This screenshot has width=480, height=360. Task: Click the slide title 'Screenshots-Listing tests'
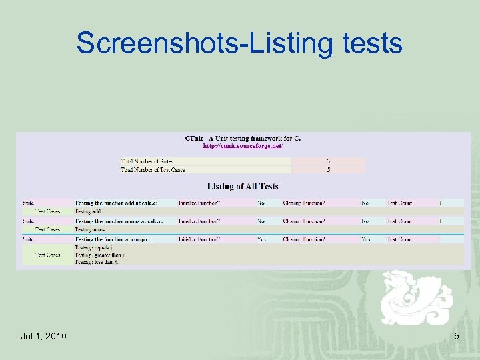point(239,43)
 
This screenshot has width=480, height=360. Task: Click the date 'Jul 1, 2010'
point(43,336)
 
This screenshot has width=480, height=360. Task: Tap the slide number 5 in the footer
point(456,336)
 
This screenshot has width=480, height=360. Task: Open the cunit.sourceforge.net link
point(243,146)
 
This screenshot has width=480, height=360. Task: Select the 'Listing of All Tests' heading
point(243,187)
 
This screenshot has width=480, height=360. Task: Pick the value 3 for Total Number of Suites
point(328,161)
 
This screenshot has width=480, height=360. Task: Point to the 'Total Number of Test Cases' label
point(153,170)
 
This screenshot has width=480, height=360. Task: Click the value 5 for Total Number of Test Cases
point(328,170)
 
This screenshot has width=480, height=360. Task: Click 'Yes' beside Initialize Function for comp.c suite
point(261,239)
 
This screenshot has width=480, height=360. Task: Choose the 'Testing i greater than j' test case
point(101,255)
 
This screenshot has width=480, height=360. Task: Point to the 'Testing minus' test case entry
point(91,229)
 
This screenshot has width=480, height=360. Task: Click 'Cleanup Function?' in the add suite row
point(303,203)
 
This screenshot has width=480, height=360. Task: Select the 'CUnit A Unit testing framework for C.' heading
point(243,139)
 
